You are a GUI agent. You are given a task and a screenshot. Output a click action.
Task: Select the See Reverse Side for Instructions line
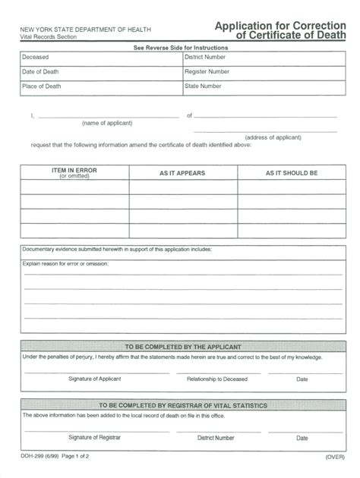pyautogui.click(x=181, y=48)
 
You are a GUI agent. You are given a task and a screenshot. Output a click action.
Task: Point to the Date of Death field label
pyautogui.click(x=40, y=72)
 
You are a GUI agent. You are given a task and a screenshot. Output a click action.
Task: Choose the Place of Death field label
pyautogui.click(x=41, y=86)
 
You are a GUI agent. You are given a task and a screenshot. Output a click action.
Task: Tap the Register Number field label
pyautogui.click(x=207, y=72)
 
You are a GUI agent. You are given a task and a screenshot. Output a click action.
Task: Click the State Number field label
pyautogui.click(x=203, y=86)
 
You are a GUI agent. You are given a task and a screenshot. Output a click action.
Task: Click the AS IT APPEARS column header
pyautogui.click(x=182, y=174)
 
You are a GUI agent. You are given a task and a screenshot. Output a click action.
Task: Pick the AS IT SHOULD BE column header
pyautogui.click(x=292, y=174)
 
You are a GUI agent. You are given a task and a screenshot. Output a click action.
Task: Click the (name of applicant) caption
pyautogui.click(x=107, y=123)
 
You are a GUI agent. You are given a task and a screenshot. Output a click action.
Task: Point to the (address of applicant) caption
pyautogui.click(x=279, y=137)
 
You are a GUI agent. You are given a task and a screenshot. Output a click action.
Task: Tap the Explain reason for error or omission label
pyautogui.click(x=65, y=263)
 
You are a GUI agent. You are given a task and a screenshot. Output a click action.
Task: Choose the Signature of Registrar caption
pyautogui.click(x=94, y=437)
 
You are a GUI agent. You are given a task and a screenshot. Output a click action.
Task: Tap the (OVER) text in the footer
pyautogui.click(x=336, y=456)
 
